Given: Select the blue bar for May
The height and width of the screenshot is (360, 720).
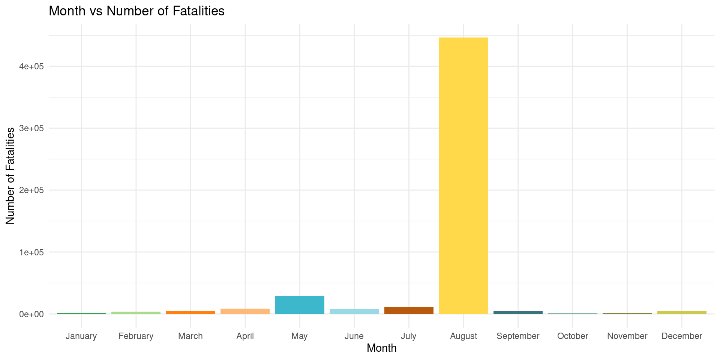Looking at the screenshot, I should (x=300, y=305).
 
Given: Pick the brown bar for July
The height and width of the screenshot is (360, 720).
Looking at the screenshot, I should (x=409, y=310).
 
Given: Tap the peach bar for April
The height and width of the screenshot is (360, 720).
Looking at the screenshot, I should (x=245, y=311).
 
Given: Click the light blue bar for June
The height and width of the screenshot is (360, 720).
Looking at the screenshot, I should (x=354, y=311).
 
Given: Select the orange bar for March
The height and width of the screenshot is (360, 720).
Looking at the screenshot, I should (x=190, y=312).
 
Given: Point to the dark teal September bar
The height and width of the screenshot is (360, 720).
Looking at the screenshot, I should (x=518, y=312).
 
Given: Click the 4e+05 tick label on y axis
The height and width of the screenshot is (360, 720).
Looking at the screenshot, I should (x=32, y=66).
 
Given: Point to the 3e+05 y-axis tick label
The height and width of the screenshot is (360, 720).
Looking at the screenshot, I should (x=32, y=128).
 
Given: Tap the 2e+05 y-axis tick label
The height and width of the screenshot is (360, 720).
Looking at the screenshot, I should (x=32, y=190).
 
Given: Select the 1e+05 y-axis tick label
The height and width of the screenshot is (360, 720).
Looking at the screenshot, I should (x=32, y=252).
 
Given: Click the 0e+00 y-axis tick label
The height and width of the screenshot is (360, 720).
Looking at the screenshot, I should (x=32, y=314).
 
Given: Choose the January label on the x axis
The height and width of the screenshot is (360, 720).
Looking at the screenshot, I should (x=81, y=336).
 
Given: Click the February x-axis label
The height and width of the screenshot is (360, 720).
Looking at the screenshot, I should (x=136, y=336).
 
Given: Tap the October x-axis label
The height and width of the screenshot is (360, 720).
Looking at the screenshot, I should (x=573, y=336).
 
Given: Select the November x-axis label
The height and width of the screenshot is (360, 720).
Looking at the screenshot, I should (x=627, y=336).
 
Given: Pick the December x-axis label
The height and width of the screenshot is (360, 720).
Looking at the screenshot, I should (x=682, y=336).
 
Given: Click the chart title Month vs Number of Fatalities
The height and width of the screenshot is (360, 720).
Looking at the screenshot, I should (x=136, y=11).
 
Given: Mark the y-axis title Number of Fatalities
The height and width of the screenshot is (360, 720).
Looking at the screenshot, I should (x=10, y=175).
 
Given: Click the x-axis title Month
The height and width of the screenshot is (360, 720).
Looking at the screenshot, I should (x=381, y=348).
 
